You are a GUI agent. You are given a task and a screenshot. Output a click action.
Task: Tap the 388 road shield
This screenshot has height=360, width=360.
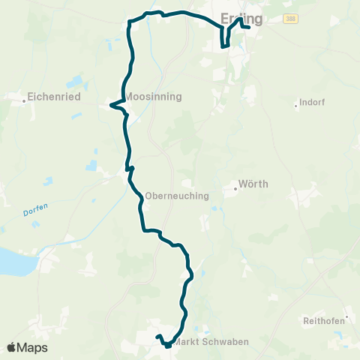(289, 19)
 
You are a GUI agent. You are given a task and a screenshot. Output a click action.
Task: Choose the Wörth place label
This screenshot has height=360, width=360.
(253, 184)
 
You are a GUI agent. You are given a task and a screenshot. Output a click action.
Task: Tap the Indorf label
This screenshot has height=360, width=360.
(311, 103)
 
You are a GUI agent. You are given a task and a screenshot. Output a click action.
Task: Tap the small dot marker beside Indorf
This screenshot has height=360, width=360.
(296, 104)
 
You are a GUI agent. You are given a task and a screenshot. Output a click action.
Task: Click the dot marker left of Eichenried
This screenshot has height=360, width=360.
(25, 97)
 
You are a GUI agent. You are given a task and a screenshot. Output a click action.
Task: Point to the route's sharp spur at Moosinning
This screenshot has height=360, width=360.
(112, 105)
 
